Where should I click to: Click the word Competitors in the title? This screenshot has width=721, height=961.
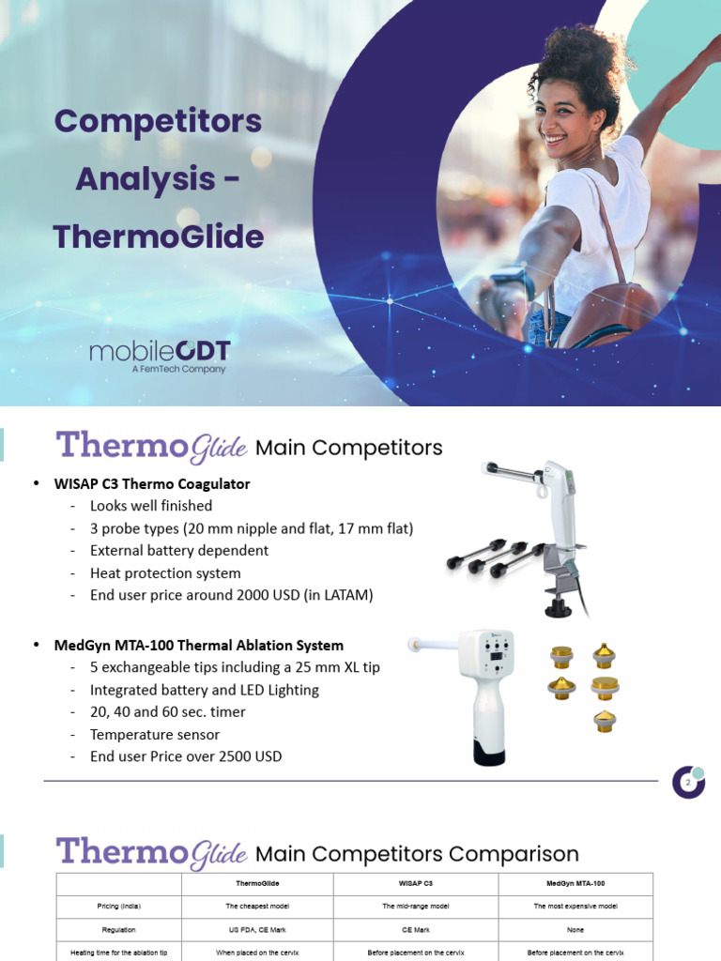pyautogui.click(x=158, y=121)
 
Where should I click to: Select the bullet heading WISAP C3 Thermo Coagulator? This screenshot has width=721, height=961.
pyautogui.click(x=170, y=483)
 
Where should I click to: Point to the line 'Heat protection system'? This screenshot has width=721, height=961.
pyautogui.click(x=165, y=572)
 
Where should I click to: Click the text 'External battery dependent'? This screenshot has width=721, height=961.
pyautogui.click(x=178, y=550)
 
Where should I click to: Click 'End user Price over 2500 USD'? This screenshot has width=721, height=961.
pyautogui.click(x=186, y=756)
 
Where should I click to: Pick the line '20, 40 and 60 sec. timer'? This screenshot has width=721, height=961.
pyautogui.click(x=168, y=711)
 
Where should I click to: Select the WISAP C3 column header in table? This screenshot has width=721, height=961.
pyautogui.click(x=414, y=883)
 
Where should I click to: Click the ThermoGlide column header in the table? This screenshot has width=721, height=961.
pyautogui.click(x=257, y=883)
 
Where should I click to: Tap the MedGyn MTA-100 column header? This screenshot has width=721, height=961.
pyautogui.click(x=575, y=883)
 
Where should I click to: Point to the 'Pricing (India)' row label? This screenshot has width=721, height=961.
pyautogui.click(x=118, y=907)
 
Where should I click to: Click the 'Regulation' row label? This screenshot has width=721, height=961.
pyautogui.click(x=118, y=930)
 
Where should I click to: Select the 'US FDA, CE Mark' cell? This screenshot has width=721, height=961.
pyautogui.click(x=257, y=930)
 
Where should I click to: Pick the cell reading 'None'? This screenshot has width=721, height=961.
pyautogui.click(x=575, y=930)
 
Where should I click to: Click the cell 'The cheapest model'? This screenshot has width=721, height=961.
pyautogui.click(x=257, y=907)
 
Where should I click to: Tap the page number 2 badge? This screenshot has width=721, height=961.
pyautogui.click(x=688, y=783)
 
